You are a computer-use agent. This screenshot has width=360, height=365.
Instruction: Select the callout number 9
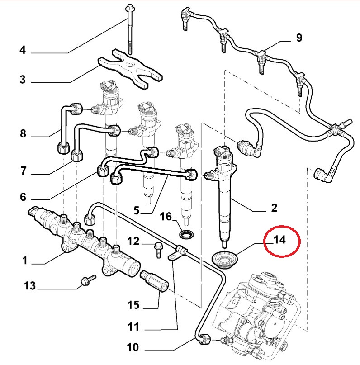pyautogui.click(x=299, y=38)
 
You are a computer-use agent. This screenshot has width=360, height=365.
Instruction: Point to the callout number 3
pyautogui.click(x=23, y=81)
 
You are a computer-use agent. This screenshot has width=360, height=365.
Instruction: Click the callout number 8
pyautogui.click(x=23, y=134)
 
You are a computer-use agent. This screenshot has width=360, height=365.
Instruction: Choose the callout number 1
pyautogui.click(x=25, y=261)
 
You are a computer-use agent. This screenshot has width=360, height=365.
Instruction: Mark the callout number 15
pyautogui.click(x=133, y=305)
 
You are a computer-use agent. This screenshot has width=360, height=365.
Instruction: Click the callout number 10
pyautogui.click(x=133, y=348)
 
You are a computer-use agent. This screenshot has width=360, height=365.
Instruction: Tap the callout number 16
pyautogui.click(x=166, y=217)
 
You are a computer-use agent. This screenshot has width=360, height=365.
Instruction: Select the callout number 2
pyautogui.click(x=274, y=209)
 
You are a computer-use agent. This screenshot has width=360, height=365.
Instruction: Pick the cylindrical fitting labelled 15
pyautogui.click(x=155, y=280)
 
